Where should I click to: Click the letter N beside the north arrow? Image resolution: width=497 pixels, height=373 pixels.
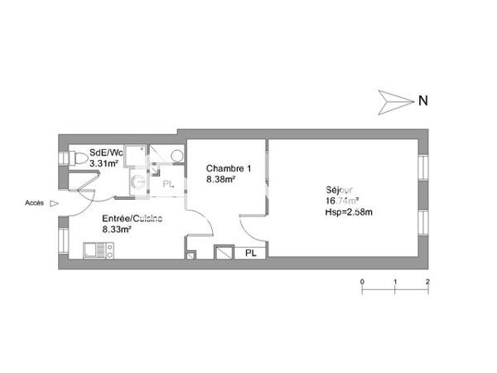pyautogui.click(x=422, y=101)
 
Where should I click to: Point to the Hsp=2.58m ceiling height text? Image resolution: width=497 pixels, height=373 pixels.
pyautogui.click(x=349, y=212)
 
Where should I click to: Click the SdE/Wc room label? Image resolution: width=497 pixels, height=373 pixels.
pyautogui.click(x=105, y=153)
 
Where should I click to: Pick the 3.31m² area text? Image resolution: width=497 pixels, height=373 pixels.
pyautogui.click(x=104, y=163)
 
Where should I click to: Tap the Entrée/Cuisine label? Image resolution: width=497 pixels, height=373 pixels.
pyautogui.click(x=131, y=218)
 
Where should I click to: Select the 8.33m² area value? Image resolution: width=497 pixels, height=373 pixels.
pyautogui.click(x=118, y=229)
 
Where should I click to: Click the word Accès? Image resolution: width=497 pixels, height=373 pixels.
pyautogui.click(x=34, y=202)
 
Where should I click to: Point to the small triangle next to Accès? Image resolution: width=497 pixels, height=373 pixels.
pyautogui.click(x=54, y=202)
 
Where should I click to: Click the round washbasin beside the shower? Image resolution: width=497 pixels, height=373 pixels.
pyautogui.click(x=176, y=158)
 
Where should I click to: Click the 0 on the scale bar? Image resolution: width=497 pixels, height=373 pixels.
pyautogui.click(x=362, y=282)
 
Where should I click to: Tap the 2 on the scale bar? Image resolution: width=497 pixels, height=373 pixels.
pyautogui.click(x=427, y=282)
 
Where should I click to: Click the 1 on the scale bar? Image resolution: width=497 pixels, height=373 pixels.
pyautogui.click(x=395, y=282)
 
